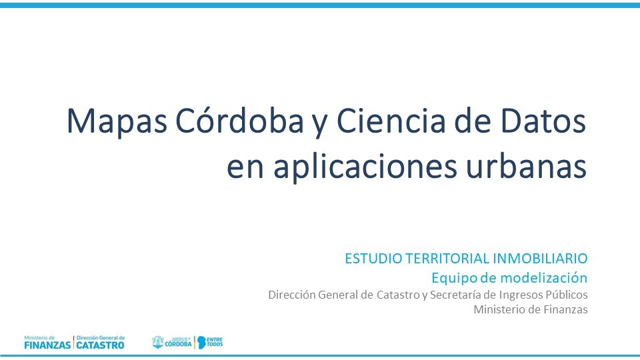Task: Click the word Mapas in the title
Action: coord(117,121)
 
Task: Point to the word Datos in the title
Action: coord(543,121)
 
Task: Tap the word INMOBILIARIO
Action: coord(540,259)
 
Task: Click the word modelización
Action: coord(541,277)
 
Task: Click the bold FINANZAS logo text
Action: coord(47,345)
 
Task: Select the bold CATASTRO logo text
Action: coord(101,345)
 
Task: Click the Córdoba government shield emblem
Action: coord(157,342)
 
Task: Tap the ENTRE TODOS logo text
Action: coord(215,342)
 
